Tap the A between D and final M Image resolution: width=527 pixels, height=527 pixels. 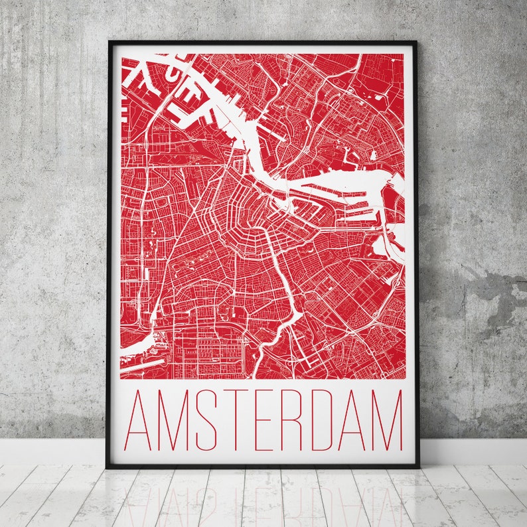click(x=348, y=421)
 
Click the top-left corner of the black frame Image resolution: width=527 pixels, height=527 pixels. click(x=110, y=42)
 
